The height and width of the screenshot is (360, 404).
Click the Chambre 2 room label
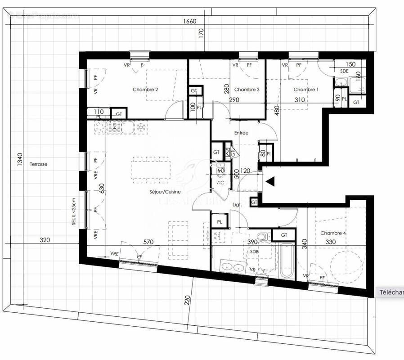[145, 90]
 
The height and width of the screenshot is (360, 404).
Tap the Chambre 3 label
[247, 90]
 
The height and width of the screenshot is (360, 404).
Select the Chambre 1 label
[306, 90]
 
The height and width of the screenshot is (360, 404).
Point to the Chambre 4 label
[333, 233]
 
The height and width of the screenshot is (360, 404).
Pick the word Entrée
[241, 133]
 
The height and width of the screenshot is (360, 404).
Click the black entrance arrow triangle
[270, 181]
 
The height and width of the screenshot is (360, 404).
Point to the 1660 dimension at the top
[190, 21]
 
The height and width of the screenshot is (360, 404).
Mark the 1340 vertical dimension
[19, 160]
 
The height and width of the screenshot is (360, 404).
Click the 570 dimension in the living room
[148, 242]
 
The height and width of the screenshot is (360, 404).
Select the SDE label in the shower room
[344, 71]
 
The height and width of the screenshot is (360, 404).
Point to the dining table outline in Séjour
[150, 169]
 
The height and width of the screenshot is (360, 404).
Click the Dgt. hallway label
[238, 205]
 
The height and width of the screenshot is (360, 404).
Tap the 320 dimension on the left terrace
[45, 240]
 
